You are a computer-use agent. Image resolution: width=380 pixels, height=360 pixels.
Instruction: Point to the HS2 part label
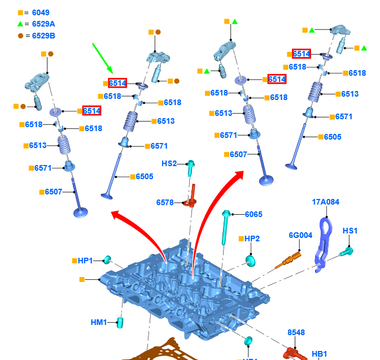point(169,164)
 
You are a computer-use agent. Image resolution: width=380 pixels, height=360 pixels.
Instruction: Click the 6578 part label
point(165,202)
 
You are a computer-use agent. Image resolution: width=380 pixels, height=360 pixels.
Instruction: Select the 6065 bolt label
point(254,214)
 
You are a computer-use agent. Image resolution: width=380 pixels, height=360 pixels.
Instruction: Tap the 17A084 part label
point(326,202)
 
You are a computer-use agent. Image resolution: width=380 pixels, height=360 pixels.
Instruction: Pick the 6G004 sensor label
point(300,235)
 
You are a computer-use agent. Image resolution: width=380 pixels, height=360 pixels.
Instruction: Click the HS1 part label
point(350,231)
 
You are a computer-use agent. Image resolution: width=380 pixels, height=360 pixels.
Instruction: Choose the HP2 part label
point(252,239)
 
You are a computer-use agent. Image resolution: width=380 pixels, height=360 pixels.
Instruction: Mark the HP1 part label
point(85,261)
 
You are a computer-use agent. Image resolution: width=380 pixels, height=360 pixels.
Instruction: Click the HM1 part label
point(99,322)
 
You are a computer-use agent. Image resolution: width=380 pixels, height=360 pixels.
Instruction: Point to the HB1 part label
point(320,354)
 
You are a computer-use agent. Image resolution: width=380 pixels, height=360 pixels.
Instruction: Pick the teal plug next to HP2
point(250,260)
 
